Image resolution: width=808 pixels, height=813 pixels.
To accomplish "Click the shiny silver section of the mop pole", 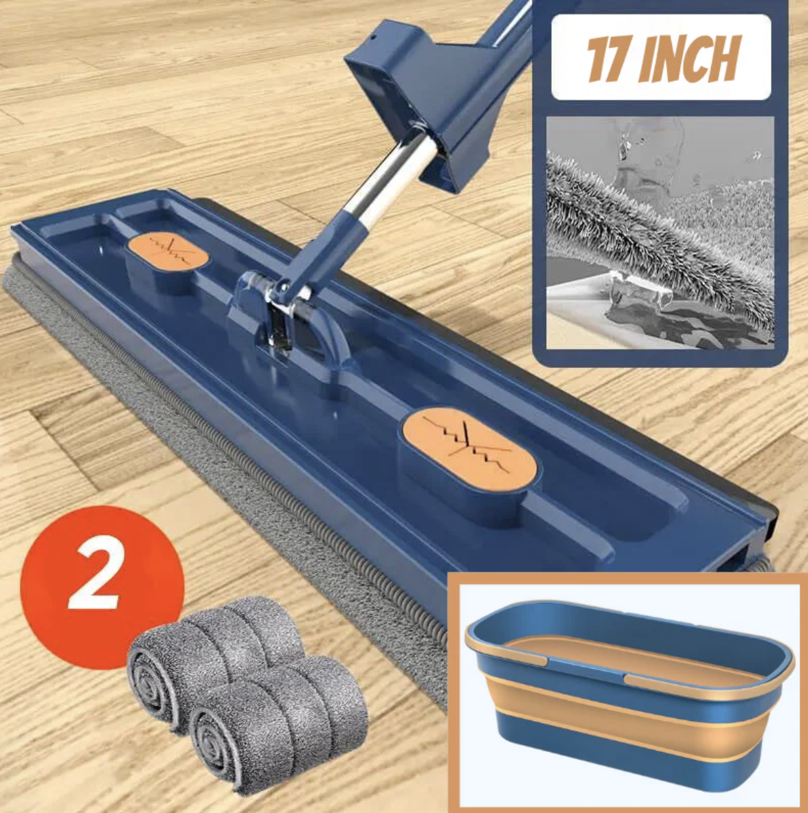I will coord(385,179).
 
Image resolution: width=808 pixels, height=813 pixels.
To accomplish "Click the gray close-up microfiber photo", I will coord(660,233).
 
